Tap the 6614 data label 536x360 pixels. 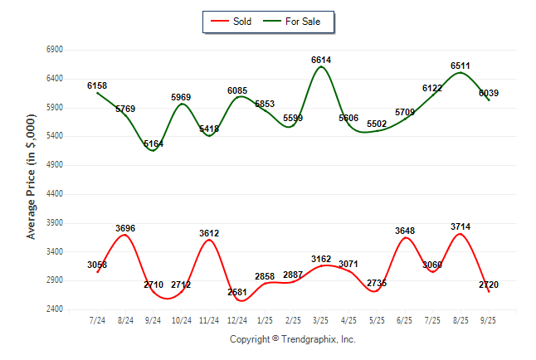(322, 60)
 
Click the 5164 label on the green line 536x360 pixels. (153, 144)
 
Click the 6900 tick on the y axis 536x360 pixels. (55, 50)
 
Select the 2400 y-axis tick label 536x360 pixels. (55, 309)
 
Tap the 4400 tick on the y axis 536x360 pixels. (55, 194)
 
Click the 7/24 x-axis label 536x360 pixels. (97, 319)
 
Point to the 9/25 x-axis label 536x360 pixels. (490, 319)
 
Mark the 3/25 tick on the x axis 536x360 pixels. (322, 319)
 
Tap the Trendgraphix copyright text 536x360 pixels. (292, 339)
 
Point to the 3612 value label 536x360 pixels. (209, 233)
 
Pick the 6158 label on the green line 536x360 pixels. (97, 85)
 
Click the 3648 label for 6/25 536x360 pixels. (407, 231)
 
